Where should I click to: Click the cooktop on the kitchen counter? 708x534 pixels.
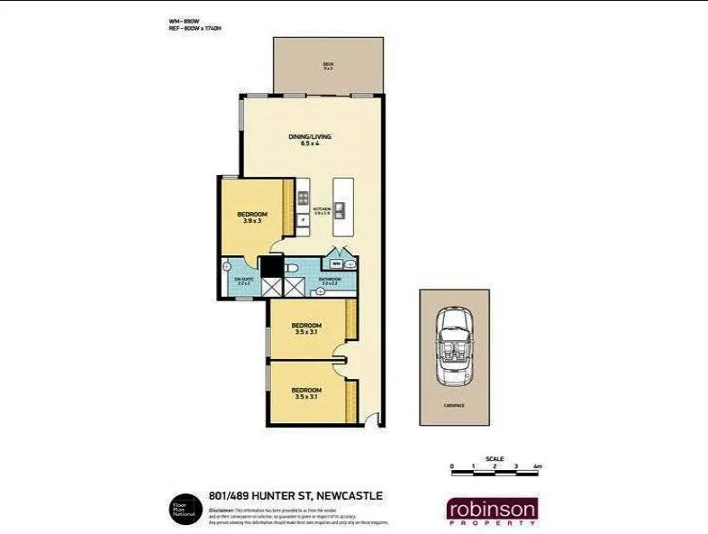tap(304, 198)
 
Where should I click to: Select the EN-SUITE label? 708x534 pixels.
tap(244, 281)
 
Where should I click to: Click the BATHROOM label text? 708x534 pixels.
tap(330, 280)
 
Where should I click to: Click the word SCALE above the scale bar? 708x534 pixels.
tap(495, 457)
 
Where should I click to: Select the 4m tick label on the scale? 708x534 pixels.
tap(538, 466)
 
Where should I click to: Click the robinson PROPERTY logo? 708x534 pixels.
tap(493, 511)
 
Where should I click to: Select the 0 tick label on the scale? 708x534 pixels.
tap(452, 466)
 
